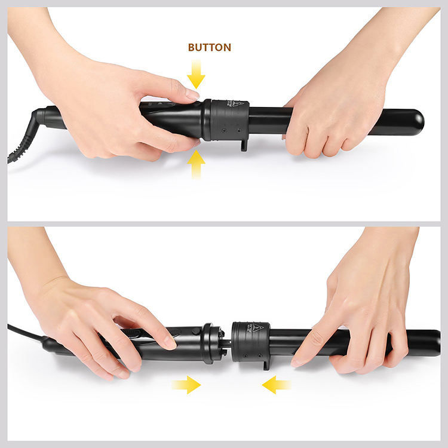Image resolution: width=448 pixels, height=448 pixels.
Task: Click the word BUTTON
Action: pyautogui.click(x=209, y=47)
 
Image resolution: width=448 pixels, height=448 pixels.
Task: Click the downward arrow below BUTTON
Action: pyautogui.click(x=195, y=75)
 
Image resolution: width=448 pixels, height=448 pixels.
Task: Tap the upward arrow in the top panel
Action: pyautogui.click(x=195, y=164)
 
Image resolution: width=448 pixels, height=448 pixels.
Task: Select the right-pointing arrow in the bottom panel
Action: pyautogui.click(x=186, y=385)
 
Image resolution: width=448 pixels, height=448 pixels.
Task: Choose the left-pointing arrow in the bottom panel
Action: pyautogui.click(x=276, y=385)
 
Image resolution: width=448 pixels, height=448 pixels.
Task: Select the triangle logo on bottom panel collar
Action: pyautogui.click(x=257, y=327)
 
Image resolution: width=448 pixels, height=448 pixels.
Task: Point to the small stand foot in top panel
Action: pyautogui.click(x=244, y=145)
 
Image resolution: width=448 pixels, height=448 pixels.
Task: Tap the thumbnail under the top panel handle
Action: pyautogui.click(x=194, y=143)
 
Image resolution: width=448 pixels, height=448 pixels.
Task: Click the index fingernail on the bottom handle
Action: pyautogui.click(x=170, y=342)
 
